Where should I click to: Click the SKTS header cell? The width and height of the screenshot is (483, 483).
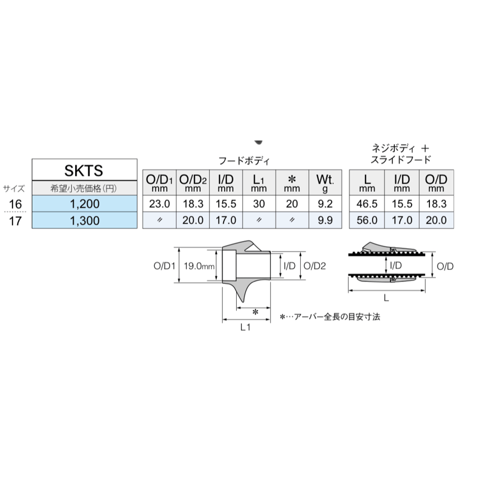click(x=85, y=170)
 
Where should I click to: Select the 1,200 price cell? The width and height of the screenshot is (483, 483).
click(x=85, y=204)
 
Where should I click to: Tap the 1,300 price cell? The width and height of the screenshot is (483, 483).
click(x=85, y=220)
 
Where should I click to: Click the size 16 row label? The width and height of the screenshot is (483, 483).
click(x=15, y=204)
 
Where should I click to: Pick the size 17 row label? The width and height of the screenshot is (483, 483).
click(x=15, y=221)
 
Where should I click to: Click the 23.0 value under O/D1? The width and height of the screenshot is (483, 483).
click(x=159, y=204)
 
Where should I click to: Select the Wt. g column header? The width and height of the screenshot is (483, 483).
click(x=325, y=182)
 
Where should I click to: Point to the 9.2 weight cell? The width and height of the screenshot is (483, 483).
click(x=325, y=204)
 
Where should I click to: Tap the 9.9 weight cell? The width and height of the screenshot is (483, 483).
click(x=325, y=220)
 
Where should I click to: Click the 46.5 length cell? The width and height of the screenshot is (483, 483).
click(x=367, y=204)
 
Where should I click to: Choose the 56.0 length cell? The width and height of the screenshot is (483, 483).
click(x=367, y=220)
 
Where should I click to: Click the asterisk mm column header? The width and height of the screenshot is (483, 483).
click(x=292, y=182)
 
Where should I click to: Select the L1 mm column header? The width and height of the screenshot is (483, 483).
click(x=259, y=182)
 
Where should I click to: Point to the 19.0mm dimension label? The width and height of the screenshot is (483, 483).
click(x=199, y=266)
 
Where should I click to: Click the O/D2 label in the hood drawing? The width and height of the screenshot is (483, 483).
click(x=314, y=266)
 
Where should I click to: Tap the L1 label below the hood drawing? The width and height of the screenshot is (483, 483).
click(x=245, y=328)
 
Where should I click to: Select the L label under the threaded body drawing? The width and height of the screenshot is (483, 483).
click(x=386, y=298)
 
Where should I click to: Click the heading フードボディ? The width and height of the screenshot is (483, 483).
click(x=244, y=161)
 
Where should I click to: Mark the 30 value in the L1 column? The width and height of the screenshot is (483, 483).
click(x=259, y=204)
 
